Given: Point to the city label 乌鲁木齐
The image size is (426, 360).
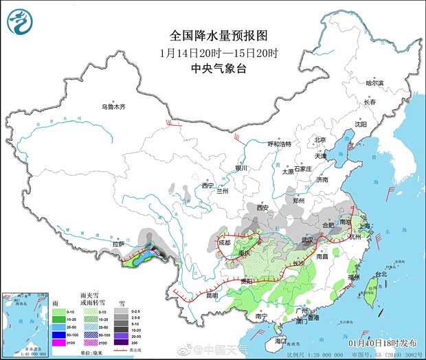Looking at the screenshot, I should click(115, 106).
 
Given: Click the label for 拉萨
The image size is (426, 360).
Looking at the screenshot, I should click(119, 244).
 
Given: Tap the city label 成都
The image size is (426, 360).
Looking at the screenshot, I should click(225, 243).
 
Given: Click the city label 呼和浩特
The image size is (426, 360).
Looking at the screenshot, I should click(280, 144).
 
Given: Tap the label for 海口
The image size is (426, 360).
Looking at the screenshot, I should click(280, 340).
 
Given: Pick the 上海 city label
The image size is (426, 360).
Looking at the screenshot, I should click(363, 225).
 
